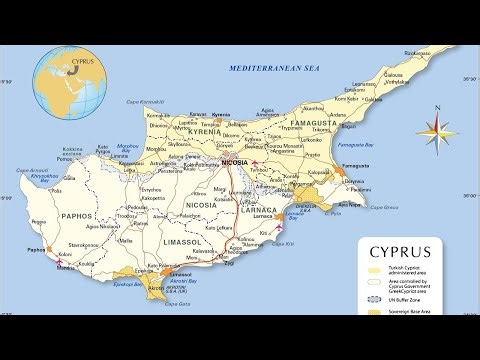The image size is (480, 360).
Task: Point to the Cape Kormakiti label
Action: point(144,102)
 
